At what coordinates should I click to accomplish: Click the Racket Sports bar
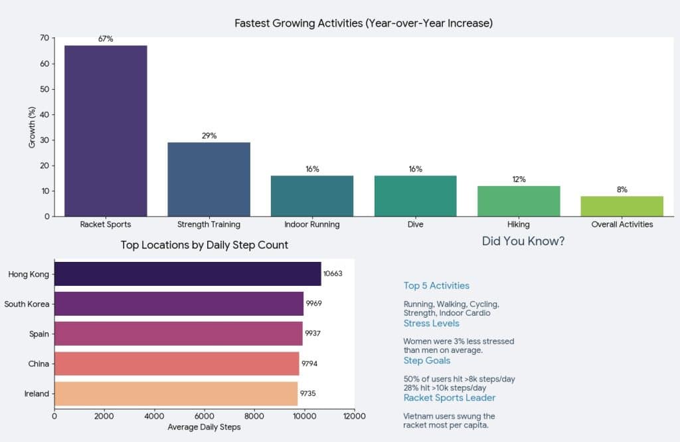click(x=106, y=130)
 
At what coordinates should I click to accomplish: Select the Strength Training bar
click(x=209, y=179)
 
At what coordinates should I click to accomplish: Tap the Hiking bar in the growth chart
click(x=519, y=201)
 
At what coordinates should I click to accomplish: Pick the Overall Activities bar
click(x=622, y=206)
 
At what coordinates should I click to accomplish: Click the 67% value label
click(x=106, y=39)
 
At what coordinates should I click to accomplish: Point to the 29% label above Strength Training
click(x=209, y=136)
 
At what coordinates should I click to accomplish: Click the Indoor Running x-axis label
click(x=312, y=225)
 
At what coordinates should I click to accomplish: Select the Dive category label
click(x=415, y=225)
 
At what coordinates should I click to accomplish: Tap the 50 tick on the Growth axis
click(x=44, y=90)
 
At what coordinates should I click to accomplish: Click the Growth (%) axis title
click(x=32, y=127)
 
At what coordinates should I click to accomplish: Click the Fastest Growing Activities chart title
click(x=363, y=23)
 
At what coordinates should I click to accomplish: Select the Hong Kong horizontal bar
click(x=187, y=274)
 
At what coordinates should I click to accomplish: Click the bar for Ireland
click(x=176, y=393)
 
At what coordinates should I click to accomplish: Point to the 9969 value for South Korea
click(x=314, y=304)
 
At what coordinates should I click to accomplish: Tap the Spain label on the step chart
click(x=39, y=334)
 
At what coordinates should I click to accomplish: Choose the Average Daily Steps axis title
click(x=204, y=427)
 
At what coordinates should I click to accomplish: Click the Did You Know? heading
click(x=523, y=241)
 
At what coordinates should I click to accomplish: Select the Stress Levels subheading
click(x=431, y=324)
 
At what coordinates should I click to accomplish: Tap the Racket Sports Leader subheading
click(x=450, y=398)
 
